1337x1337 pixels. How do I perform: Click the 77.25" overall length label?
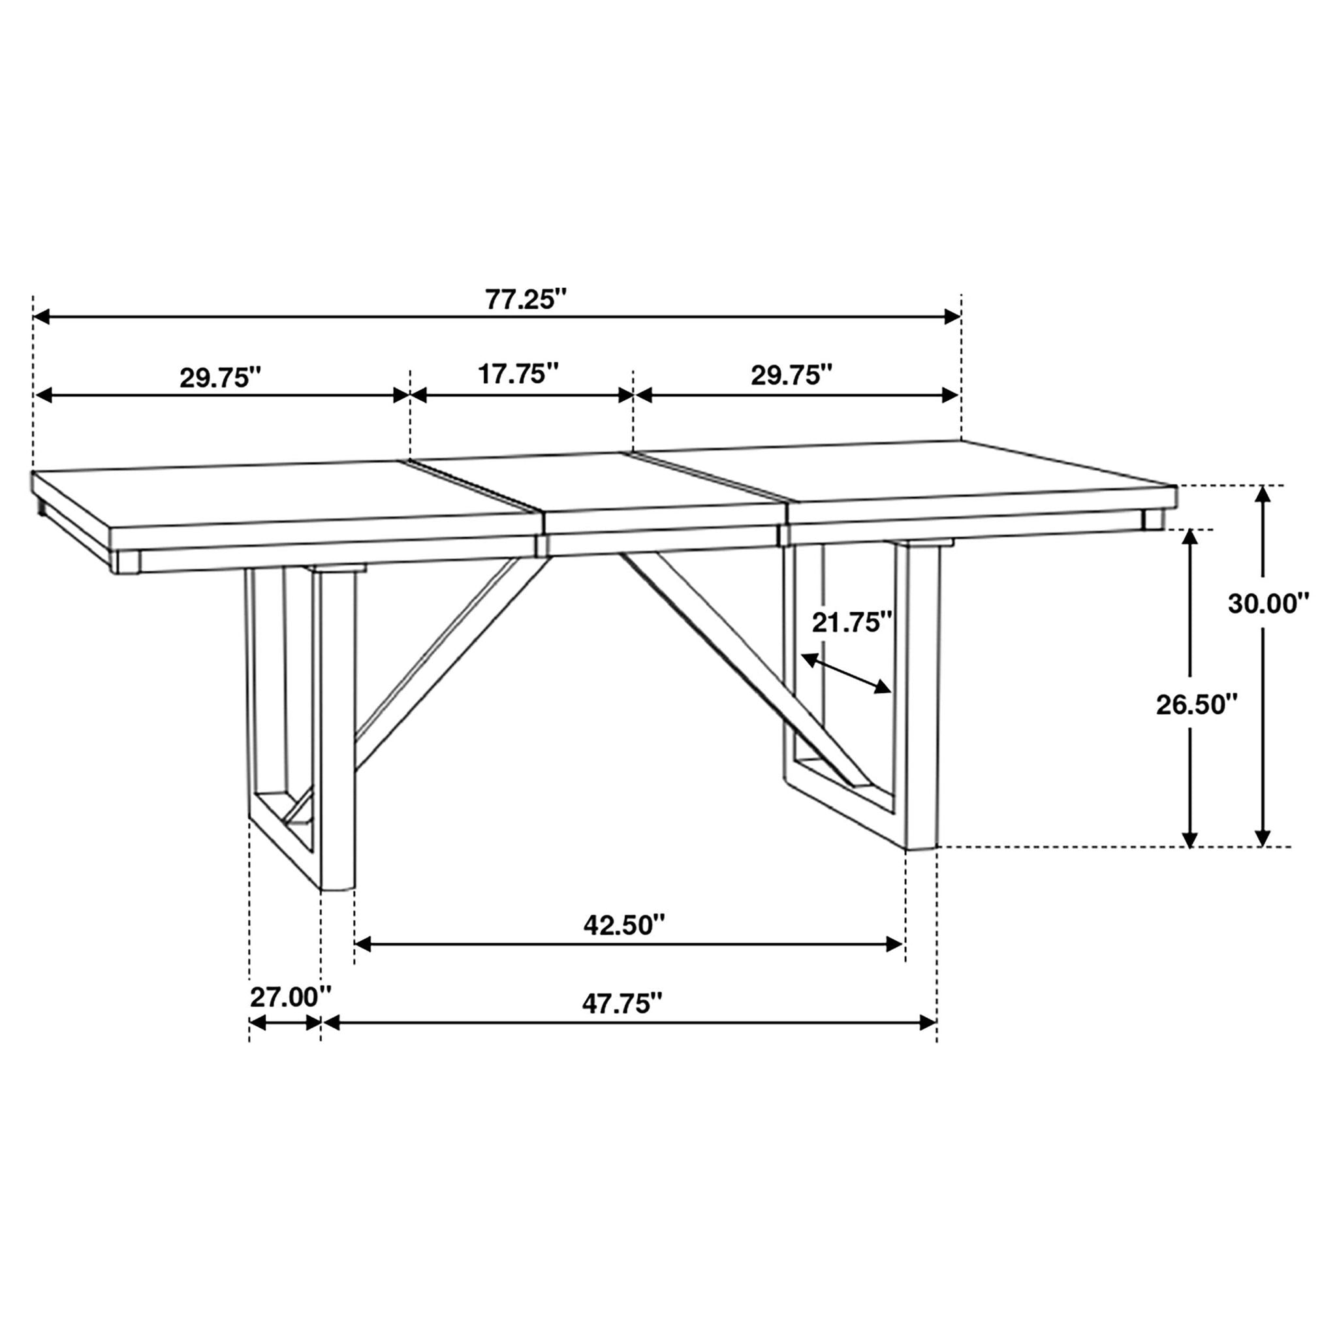tap(526, 300)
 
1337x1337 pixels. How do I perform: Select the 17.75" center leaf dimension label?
tap(518, 373)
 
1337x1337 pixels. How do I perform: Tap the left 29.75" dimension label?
tap(221, 378)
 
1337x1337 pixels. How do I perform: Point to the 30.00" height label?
tap(1269, 603)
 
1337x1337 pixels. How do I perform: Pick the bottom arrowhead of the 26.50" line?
tap(1189, 838)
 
